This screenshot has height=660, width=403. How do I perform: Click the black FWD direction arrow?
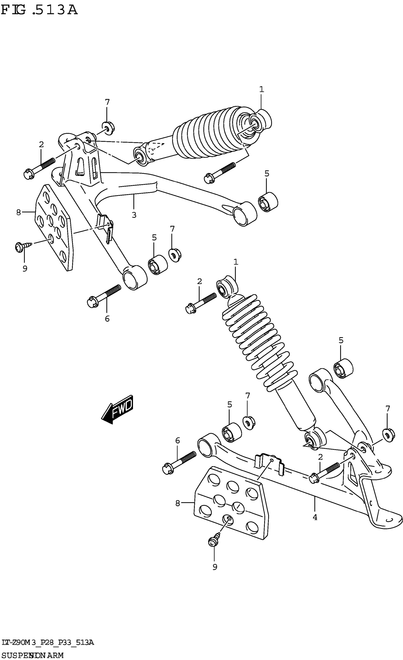pos(117,410)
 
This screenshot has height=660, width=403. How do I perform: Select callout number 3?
pos(134,215)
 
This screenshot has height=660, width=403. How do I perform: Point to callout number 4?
pos(315,517)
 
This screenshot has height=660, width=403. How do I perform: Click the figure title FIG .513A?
pos(39,10)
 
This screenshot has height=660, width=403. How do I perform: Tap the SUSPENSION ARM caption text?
pos(32,655)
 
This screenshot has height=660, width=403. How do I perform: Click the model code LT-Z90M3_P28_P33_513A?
pos(48,642)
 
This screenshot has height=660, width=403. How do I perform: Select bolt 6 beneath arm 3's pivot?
pos(104,296)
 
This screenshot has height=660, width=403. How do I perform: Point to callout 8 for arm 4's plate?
pos(178,503)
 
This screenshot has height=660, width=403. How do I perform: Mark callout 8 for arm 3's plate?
pos(18,212)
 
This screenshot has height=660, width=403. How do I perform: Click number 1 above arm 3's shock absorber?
pos(261,89)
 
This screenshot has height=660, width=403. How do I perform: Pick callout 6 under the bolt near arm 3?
pos(107,319)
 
